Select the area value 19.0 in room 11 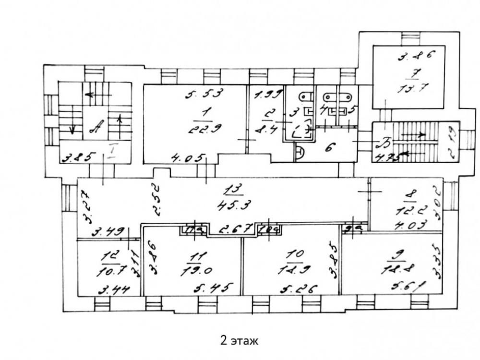(x=199, y=270)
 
